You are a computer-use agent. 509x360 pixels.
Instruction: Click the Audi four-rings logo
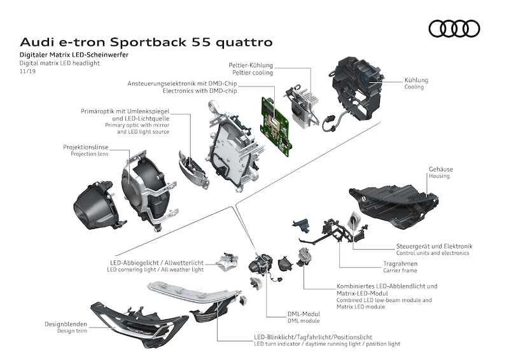click(454, 29)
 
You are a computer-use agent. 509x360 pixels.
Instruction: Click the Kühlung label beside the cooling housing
click(416, 81)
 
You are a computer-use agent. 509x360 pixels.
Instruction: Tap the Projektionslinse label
click(87, 147)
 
